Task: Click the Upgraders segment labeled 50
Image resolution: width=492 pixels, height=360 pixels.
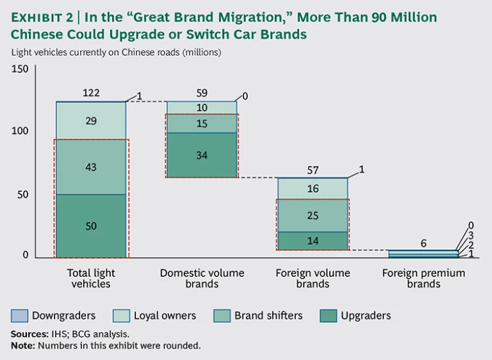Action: point(91,226)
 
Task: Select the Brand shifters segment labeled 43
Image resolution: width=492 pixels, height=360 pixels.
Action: point(91,167)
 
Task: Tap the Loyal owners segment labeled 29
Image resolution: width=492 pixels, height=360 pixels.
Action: point(91,120)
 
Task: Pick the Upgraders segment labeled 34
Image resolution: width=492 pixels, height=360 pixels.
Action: point(202,154)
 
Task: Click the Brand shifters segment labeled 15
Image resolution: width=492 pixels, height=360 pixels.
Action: point(202,124)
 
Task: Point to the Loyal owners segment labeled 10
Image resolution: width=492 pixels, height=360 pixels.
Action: point(202,108)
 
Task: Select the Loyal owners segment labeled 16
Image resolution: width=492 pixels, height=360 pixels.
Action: point(313,188)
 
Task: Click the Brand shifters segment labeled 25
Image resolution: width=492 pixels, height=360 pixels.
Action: point(313,215)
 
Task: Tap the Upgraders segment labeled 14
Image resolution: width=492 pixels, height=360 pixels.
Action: point(313,241)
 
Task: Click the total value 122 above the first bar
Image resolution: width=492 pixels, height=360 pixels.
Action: point(91,94)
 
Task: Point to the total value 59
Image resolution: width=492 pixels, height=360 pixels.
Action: point(202,94)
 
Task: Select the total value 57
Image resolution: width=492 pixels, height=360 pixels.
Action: point(313,170)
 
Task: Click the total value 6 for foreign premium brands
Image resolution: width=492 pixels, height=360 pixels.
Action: point(423,243)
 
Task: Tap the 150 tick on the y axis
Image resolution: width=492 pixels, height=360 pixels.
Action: point(20,69)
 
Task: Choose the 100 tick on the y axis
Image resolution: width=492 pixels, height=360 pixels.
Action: point(20,131)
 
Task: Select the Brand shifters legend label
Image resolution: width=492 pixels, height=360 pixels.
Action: point(268,315)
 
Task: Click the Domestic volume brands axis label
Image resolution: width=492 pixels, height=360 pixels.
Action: point(202,278)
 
